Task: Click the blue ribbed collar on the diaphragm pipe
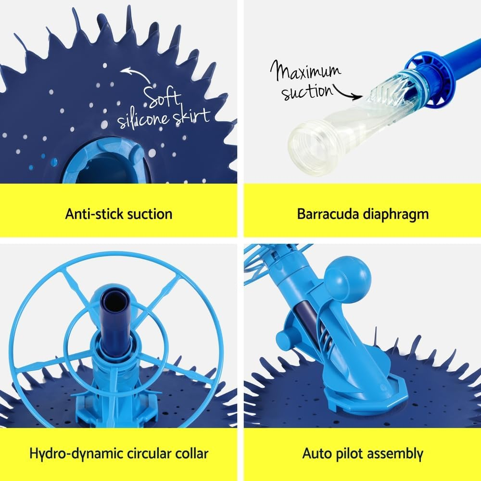click(x=431, y=77)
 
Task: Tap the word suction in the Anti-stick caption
click(x=149, y=214)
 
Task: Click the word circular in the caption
click(x=141, y=453)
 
